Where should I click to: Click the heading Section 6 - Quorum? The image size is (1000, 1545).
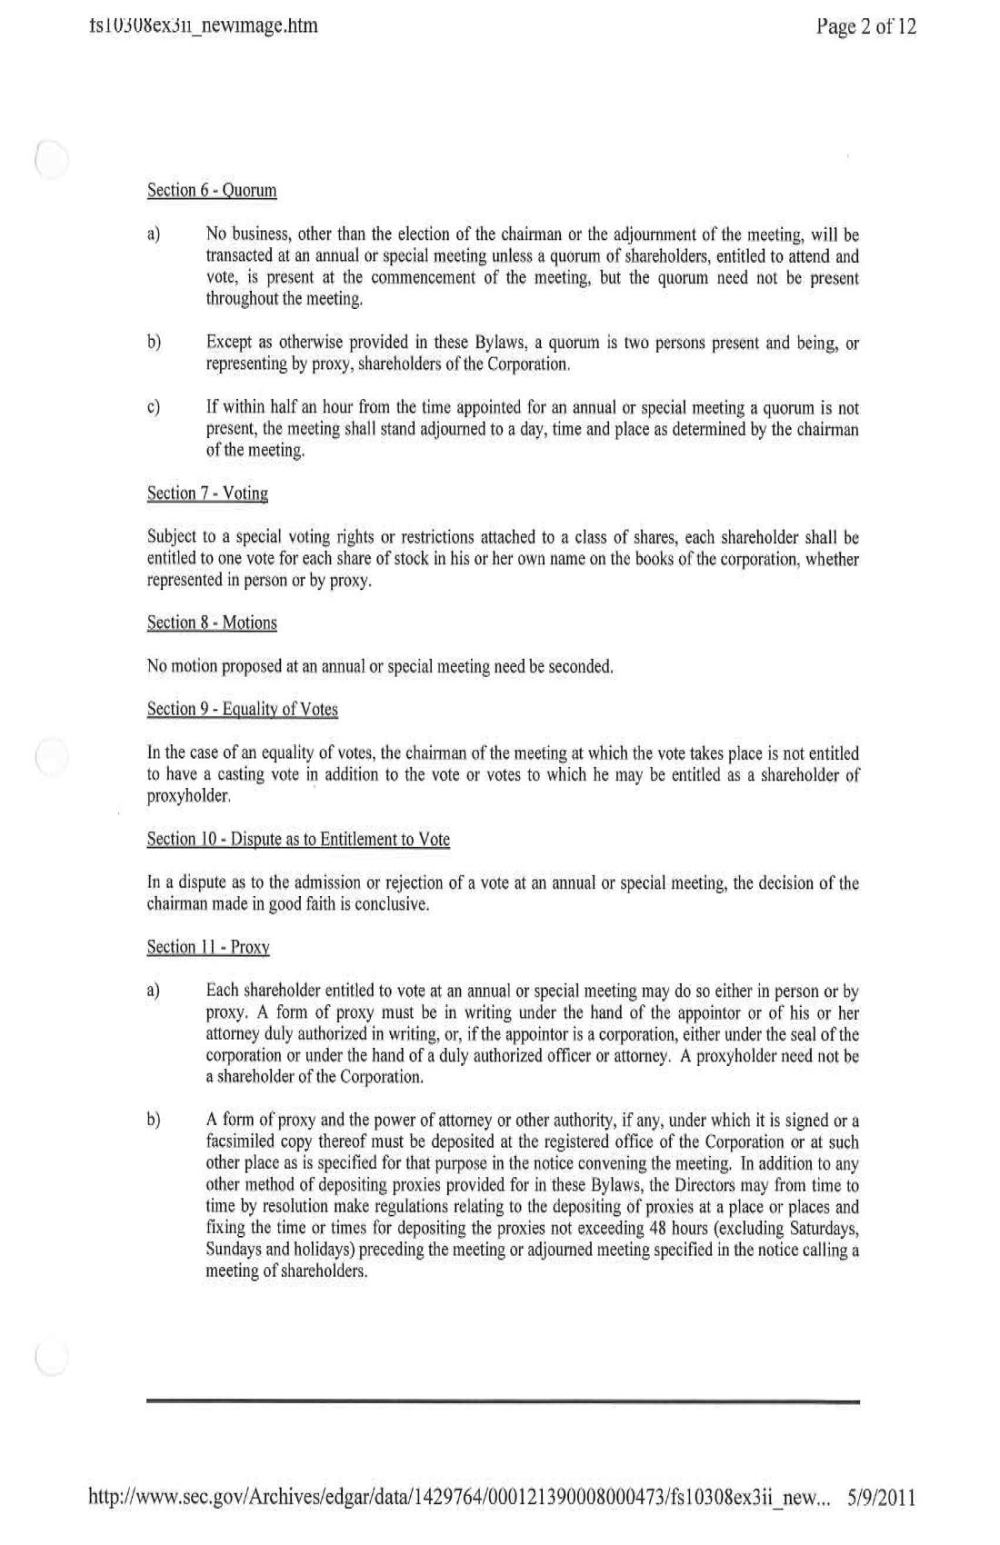click(x=212, y=191)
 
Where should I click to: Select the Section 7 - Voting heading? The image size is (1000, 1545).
click(x=207, y=493)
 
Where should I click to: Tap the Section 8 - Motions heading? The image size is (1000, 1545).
click(x=212, y=623)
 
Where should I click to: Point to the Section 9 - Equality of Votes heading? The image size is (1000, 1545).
click(x=242, y=709)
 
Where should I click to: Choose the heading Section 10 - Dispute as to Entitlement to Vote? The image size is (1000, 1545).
click(x=298, y=839)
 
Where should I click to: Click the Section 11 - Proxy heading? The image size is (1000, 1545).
click(x=208, y=947)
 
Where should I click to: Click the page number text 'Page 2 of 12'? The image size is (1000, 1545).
click(x=865, y=26)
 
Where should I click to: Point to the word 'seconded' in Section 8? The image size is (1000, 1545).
click(x=578, y=667)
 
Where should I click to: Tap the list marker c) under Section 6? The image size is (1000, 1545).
click(x=153, y=408)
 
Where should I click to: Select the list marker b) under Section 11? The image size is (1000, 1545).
click(x=153, y=1120)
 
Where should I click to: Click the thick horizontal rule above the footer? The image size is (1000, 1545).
click(x=503, y=1402)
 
